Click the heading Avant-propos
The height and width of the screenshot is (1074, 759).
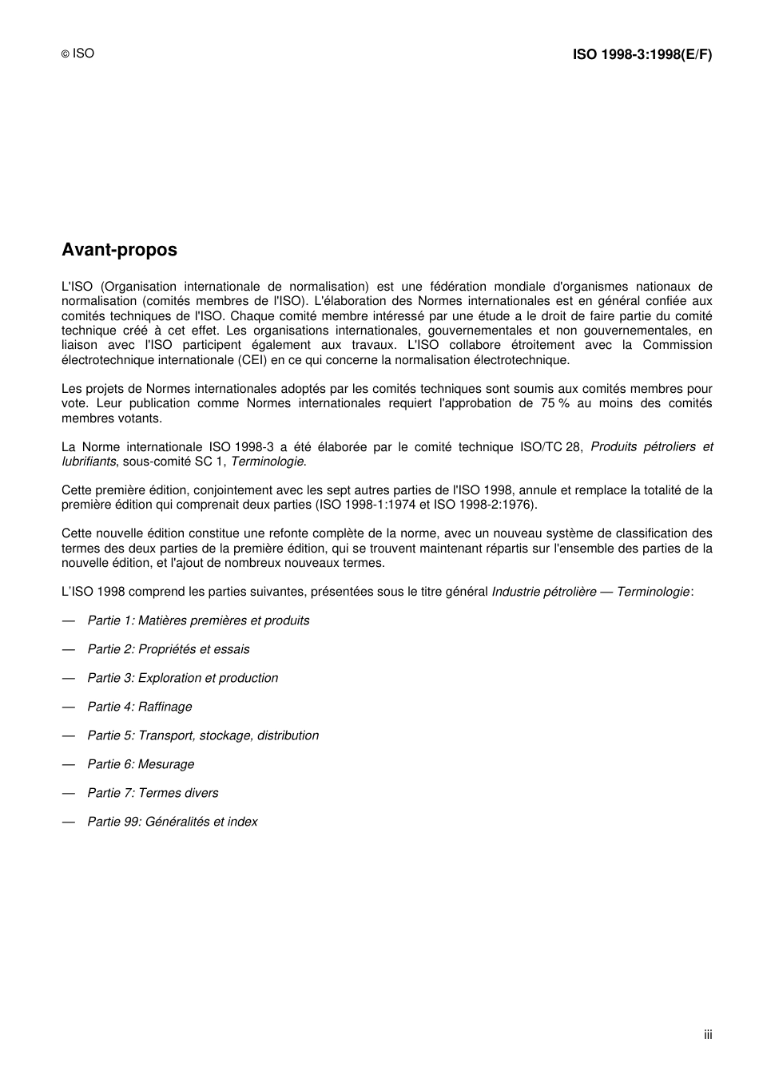tap(119, 250)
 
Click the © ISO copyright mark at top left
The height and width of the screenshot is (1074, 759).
tap(77, 54)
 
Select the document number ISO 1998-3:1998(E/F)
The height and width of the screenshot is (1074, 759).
tap(642, 54)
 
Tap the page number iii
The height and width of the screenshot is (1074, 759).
tap(708, 1035)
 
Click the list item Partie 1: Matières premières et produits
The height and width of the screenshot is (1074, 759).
tap(198, 620)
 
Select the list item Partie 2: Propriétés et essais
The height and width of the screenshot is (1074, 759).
tap(168, 649)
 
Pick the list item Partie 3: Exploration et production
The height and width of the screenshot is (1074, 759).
tap(182, 678)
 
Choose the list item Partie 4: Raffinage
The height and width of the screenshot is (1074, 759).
tap(139, 707)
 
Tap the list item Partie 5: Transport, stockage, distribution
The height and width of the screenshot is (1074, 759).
tap(203, 735)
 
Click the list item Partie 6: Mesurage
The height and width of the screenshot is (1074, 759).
tap(141, 764)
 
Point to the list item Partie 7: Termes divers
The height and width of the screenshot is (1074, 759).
tap(153, 793)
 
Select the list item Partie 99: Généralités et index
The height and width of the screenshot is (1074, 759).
tap(172, 822)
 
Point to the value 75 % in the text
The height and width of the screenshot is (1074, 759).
tap(554, 403)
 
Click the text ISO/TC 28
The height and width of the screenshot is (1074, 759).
tap(551, 447)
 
